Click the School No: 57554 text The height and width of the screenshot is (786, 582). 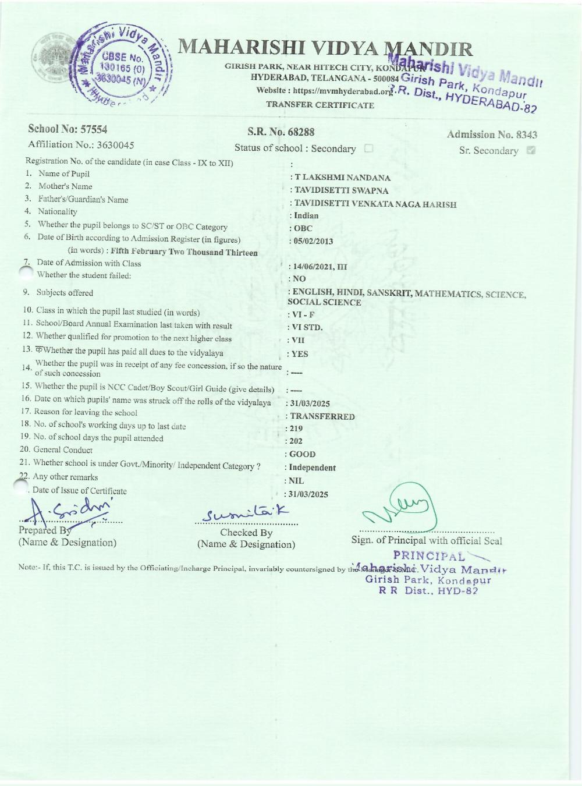point(68,129)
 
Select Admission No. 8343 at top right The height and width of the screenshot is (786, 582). point(492,134)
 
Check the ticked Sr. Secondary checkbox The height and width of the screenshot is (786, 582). point(530,150)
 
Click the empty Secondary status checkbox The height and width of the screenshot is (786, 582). point(368,148)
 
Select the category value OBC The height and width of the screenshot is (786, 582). point(303,228)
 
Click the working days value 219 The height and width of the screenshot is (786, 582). point(296,429)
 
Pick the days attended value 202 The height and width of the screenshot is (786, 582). point(296,441)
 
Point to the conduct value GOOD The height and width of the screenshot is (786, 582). point(302,454)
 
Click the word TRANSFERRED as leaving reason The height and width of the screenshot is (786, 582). point(322,416)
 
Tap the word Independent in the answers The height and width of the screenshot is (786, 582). point(312,468)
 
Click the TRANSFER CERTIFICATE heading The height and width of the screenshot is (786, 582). point(320,105)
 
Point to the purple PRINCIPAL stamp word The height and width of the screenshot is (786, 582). point(430,556)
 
